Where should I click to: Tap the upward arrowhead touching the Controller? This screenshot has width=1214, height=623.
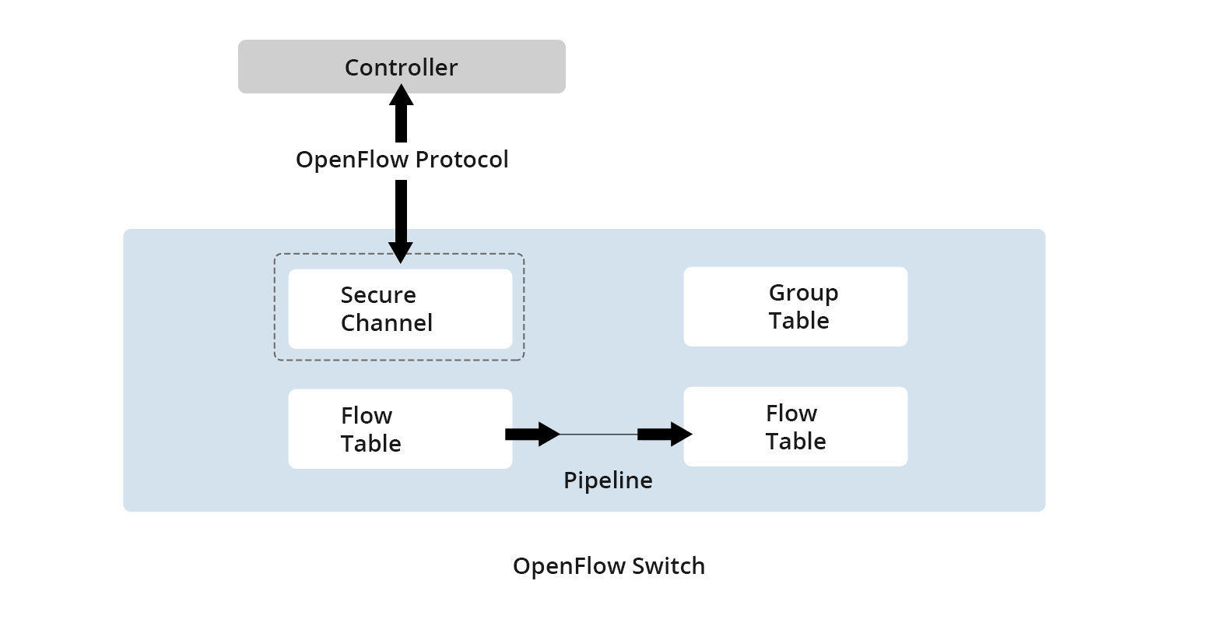point(401,95)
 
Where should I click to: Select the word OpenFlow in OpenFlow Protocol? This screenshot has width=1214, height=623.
point(352,160)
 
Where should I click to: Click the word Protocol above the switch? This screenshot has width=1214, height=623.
point(461,160)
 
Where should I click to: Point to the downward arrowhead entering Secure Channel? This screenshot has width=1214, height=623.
point(401,252)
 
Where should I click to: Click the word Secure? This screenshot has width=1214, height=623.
point(378,295)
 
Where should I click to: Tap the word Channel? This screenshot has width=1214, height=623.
point(386,323)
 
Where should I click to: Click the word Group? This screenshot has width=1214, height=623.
point(803,293)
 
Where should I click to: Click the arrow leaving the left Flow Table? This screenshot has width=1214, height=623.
point(532,434)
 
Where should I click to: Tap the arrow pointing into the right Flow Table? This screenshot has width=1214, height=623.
point(665,434)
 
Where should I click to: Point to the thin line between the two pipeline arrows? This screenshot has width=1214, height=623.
point(598,434)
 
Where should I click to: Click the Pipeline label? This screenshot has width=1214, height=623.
point(608,480)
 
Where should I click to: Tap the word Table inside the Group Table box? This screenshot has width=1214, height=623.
point(798,321)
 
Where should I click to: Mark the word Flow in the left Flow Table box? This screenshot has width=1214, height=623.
point(366,416)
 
